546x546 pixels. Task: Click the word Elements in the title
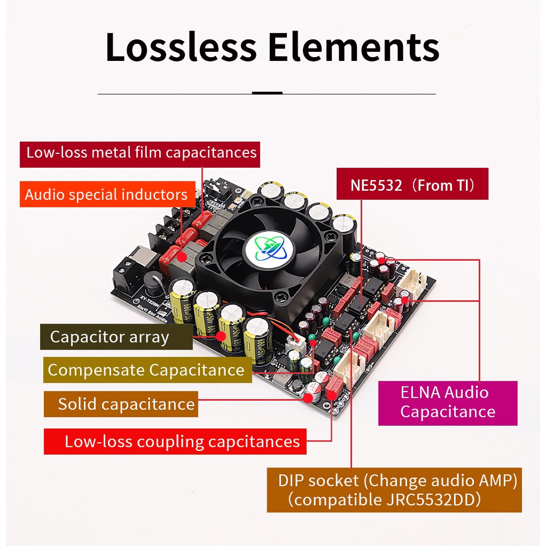353,47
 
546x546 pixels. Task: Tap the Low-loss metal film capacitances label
141,153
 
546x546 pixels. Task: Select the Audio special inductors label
106,195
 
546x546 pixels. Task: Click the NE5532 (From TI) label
412,185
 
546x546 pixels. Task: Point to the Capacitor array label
116,337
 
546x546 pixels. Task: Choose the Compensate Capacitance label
146,370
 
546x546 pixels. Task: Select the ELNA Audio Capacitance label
448,402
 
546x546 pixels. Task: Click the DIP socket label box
394,490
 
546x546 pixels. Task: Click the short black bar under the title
267,93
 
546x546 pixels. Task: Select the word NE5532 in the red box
377,185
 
